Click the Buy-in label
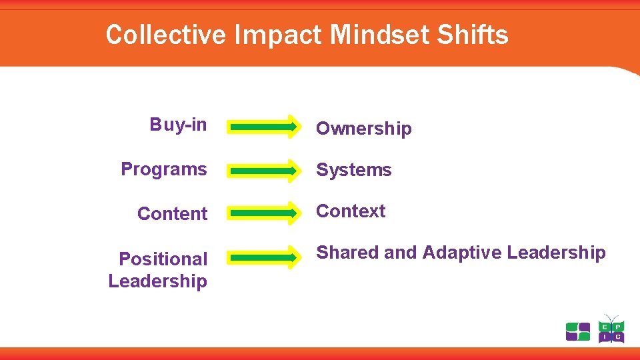click(x=178, y=125)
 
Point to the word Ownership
click(x=363, y=129)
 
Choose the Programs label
click(x=163, y=169)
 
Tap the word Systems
click(x=353, y=170)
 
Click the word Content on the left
click(x=172, y=214)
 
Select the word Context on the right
click(x=350, y=211)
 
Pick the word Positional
click(x=163, y=259)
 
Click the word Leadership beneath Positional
click(x=157, y=281)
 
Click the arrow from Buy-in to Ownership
click(x=264, y=126)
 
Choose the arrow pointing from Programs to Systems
click(x=264, y=170)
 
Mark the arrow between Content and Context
click(x=264, y=213)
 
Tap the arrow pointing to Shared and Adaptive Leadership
click(x=264, y=257)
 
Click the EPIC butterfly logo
click(x=611, y=329)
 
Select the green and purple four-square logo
click(x=578, y=331)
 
